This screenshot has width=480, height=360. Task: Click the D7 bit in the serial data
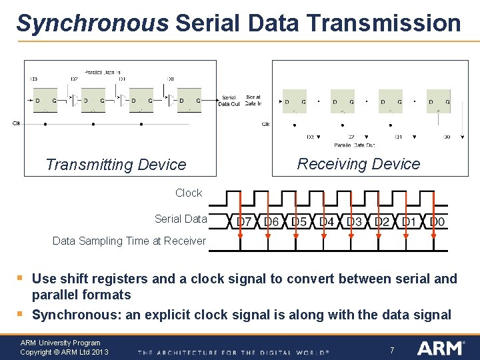244,221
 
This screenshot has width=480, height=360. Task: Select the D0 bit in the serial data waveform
437,221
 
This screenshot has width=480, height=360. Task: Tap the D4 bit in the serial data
327,221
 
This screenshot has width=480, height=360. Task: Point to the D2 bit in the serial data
382,221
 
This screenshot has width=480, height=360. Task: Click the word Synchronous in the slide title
92,23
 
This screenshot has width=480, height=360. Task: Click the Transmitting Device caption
115,165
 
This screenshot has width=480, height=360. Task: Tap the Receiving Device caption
359,164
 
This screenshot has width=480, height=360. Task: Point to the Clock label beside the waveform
189,193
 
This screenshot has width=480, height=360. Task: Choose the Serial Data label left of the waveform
181,219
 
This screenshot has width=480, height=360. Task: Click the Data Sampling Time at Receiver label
129,241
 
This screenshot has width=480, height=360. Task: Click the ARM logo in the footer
440,348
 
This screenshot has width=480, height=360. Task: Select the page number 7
393,349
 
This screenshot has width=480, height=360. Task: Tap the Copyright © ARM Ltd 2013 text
64,352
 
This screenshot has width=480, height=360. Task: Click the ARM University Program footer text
60,343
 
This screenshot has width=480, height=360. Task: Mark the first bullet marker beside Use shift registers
21,277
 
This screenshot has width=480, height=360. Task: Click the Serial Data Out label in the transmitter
229,101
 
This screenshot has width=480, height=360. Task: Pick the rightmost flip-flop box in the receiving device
438,101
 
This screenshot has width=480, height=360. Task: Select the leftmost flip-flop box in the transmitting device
45,101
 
